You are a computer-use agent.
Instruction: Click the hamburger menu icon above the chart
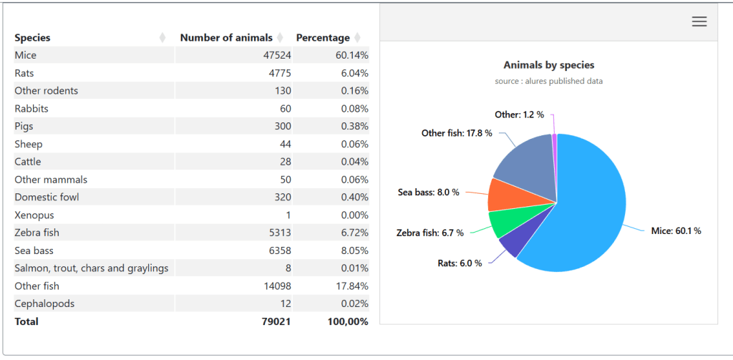[699, 21]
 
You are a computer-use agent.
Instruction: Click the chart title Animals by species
[548, 65]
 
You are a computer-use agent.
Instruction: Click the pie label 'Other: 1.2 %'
[519, 115]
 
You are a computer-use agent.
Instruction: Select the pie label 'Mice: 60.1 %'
[676, 231]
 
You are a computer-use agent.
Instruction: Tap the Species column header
[33, 38]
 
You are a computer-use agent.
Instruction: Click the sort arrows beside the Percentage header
[357, 38]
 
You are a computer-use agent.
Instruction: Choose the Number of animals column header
[226, 38]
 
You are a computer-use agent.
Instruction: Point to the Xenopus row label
[34, 215]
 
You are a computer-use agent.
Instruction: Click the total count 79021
[276, 321]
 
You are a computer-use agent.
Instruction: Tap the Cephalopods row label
[44, 303]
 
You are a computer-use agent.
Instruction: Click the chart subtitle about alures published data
[548, 82]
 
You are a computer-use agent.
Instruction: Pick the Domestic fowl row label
[47, 197]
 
